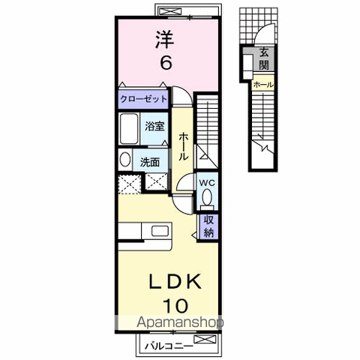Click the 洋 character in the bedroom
point(165,40)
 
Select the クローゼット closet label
point(143,99)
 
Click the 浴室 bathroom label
point(154,126)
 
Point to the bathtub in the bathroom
point(129,128)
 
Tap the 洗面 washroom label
point(150,162)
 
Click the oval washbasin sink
point(125,160)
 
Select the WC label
point(207,183)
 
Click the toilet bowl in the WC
point(207,199)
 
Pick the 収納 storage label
point(208,226)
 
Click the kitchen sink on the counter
point(160,231)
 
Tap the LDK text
point(175,282)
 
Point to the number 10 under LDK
point(175,305)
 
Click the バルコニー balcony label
point(169,346)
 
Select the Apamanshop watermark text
point(180,322)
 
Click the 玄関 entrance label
point(264,59)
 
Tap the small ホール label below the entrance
point(263,85)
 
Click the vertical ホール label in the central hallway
point(183,147)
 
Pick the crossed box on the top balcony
point(169,11)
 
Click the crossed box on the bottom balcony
point(205,340)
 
